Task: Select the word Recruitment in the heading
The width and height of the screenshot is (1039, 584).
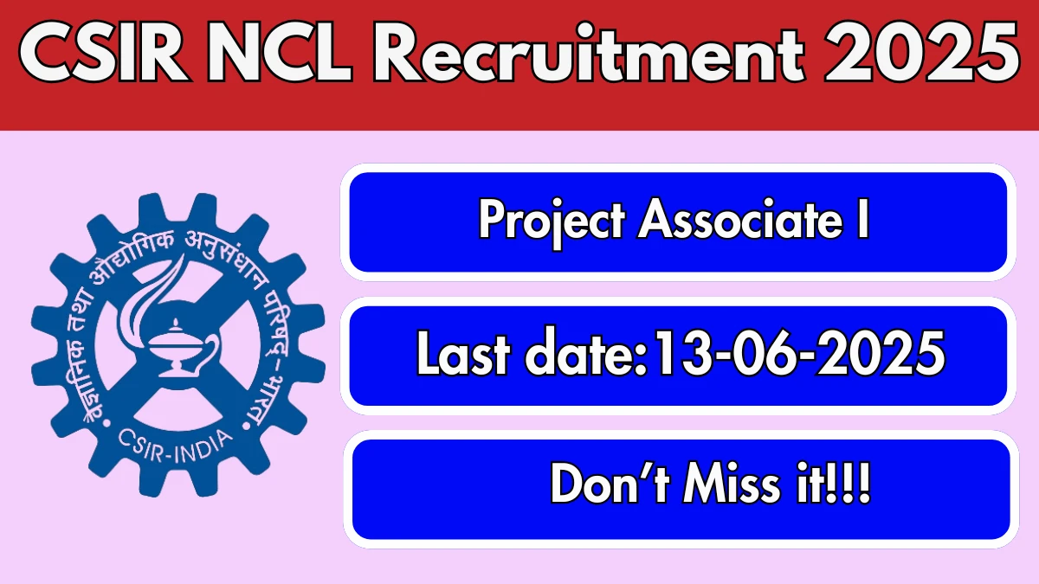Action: coord(588,53)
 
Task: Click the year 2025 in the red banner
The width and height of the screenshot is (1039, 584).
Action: coord(921,53)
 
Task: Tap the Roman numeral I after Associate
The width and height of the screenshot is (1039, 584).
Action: coord(862,219)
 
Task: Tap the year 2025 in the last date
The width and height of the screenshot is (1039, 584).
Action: coord(881,353)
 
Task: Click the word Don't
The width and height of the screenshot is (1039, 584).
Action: coord(609,484)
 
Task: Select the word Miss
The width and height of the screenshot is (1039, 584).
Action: coord(732,484)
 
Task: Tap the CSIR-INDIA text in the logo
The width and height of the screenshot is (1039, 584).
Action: coord(175,446)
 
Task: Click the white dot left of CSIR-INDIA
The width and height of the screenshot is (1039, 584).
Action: coord(106,423)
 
